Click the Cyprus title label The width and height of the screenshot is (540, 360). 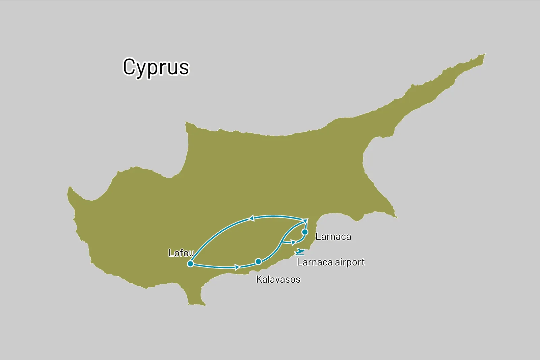(156, 67)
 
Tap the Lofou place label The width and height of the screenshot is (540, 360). (181, 253)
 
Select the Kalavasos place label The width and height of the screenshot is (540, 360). (278, 279)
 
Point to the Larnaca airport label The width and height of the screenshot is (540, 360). (331, 262)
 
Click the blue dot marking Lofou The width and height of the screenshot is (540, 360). (190, 264)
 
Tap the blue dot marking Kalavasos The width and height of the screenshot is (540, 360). (258, 262)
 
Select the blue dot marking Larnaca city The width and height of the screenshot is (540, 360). (305, 232)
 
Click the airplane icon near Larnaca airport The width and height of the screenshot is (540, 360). (300, 252)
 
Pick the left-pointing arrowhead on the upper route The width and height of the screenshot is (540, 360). (251, 218)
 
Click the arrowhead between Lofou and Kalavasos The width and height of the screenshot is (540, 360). (237, 267)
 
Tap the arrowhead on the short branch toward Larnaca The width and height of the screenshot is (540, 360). (293, 242)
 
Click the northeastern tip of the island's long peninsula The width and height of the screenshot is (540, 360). (485, 54)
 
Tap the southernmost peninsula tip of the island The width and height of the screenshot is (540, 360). (196, 304)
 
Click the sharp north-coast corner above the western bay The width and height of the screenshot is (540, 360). (186, 122)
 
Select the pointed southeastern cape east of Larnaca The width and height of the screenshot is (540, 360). (396, 217)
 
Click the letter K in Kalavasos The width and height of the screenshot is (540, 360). (259, 279)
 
